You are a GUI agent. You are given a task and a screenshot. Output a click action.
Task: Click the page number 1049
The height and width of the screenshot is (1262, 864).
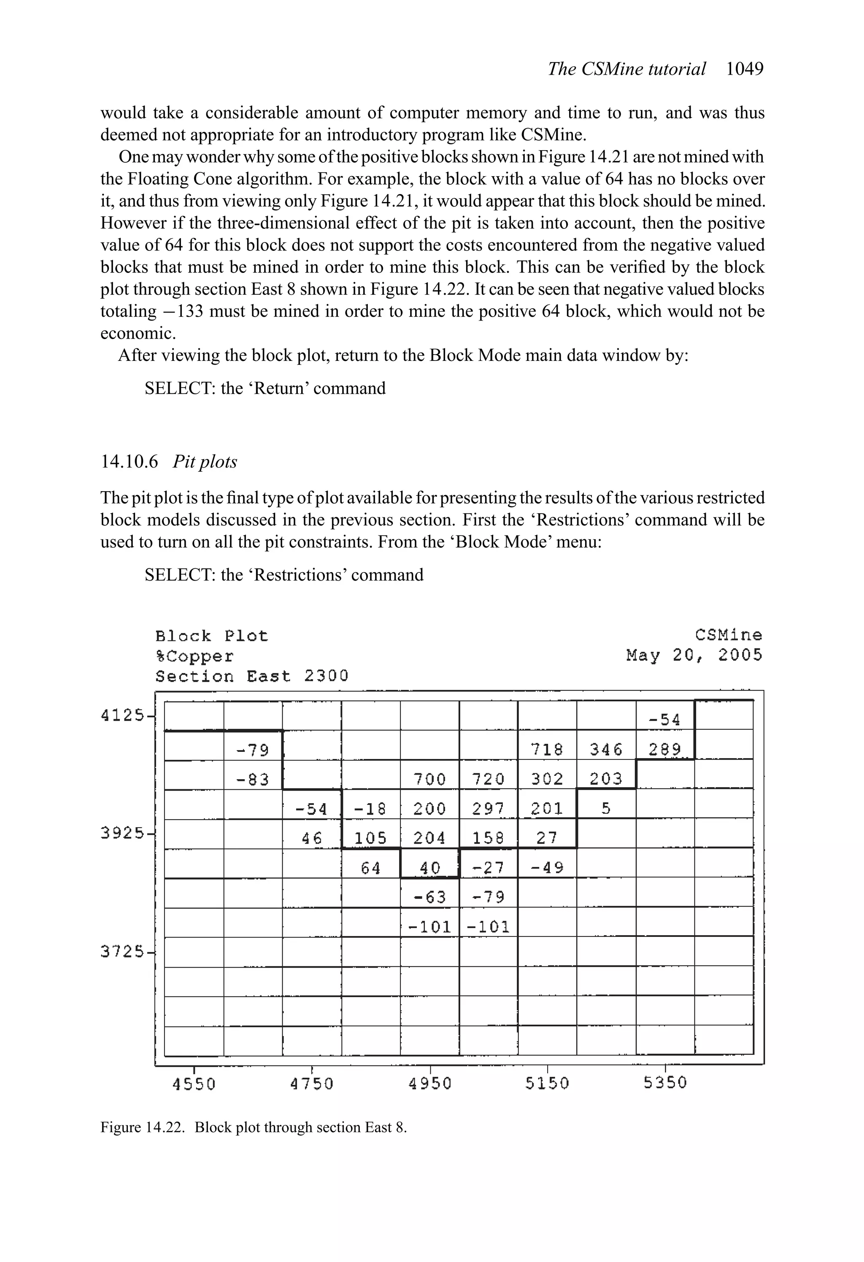pos(745,69)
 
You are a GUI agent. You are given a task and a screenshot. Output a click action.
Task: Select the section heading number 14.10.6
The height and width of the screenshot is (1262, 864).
pos(130,462)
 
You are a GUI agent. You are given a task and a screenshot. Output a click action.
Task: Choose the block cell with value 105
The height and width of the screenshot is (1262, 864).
pos(370,838)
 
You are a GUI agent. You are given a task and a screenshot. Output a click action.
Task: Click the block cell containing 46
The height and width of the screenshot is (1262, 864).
pos(312,838)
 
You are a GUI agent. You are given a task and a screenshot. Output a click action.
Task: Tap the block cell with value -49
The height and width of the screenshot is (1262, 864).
pos(547,868)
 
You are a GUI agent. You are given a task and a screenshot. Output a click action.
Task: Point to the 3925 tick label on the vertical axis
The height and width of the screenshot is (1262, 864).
pos(123,833)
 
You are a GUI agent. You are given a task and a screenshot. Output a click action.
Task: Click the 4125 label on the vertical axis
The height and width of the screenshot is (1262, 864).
pos(123,716)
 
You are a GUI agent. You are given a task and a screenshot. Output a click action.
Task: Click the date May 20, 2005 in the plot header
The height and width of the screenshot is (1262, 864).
pos(694,655)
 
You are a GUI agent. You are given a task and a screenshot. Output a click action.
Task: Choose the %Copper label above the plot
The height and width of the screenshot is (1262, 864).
pos(194,657)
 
